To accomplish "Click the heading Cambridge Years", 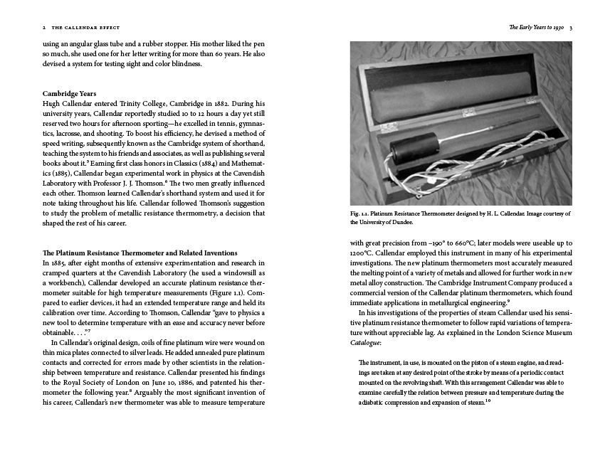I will (x=70, y=93).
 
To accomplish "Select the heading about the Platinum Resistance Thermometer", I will (x=140, y=253).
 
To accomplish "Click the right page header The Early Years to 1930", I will (x=537, y=28).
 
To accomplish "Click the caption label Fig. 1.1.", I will (x=362, y=213).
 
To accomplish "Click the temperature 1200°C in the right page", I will (x=361, y=253).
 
